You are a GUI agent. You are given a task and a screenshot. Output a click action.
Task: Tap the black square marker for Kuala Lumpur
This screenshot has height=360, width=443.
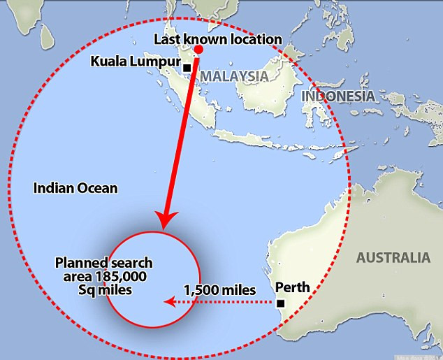tap(187, 68)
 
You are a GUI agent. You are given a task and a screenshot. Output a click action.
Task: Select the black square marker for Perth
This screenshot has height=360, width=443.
tap(280, 303)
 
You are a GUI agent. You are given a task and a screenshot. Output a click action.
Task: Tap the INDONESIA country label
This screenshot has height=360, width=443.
tap(338, 96)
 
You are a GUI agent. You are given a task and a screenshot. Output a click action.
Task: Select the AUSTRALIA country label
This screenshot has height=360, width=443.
tap(393, 257)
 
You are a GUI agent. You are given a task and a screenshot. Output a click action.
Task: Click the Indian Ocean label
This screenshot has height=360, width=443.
tap(76, 188)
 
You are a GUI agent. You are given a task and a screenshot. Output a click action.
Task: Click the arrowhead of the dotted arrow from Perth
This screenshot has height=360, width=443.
tap(167, 302)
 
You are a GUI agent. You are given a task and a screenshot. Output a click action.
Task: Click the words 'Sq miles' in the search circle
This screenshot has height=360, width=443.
tap(104, 289)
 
